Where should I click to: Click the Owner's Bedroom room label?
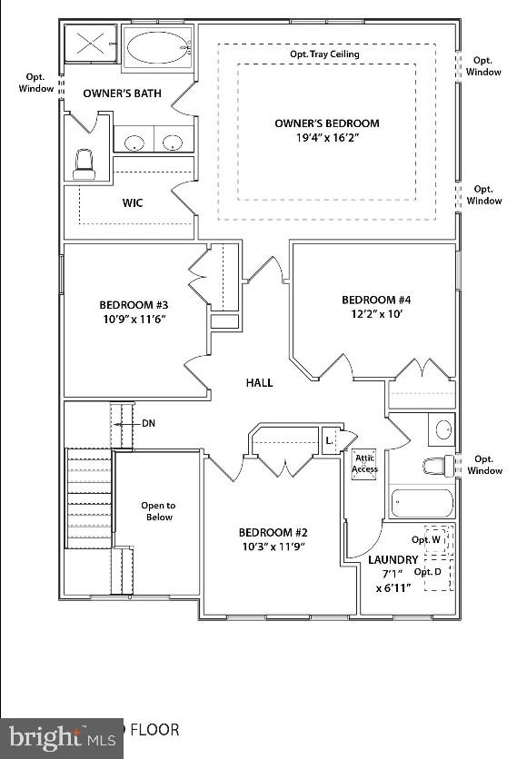[327, 123]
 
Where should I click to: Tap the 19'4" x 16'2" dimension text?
[327, 141]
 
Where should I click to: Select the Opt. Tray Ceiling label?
[324, 54]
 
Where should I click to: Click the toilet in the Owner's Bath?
[85, 164]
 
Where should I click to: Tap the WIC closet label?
[133, 202]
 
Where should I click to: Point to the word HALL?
[259, 383]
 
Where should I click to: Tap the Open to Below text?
[157, 511]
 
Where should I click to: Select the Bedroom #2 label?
[273, 532]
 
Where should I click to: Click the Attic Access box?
[364, 464]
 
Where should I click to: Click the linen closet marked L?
[329, 440]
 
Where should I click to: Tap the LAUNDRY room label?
[393, 560]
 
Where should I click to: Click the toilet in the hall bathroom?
[437, 466]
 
